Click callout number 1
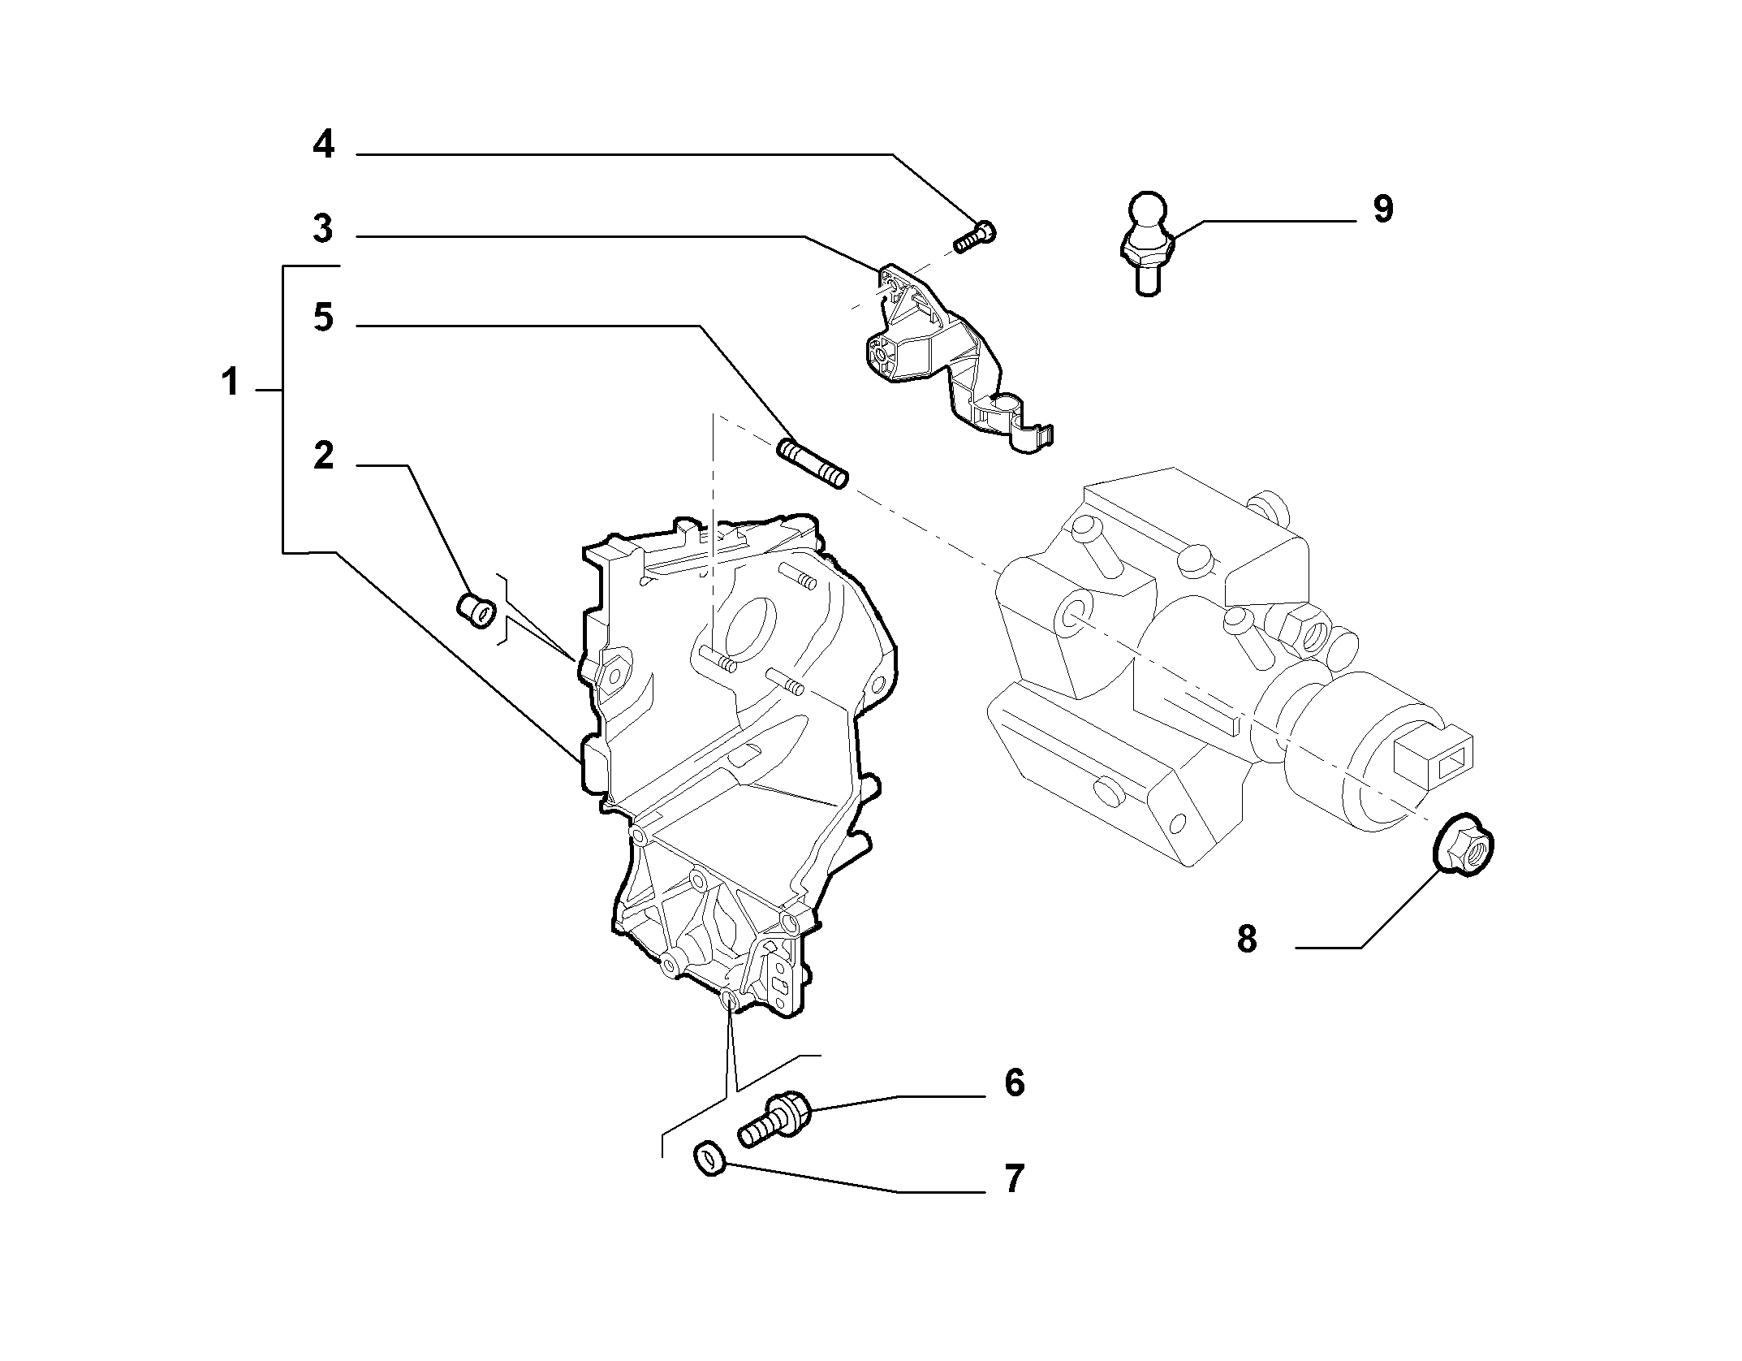pos(231,382)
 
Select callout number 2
pos(323,456)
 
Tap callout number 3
pos(323,229)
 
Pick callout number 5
pos(323,318)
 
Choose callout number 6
pos(1015,1082)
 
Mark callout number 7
pos(1015,1178)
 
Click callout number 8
pos(1247,940)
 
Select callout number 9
pos(1383,209)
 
